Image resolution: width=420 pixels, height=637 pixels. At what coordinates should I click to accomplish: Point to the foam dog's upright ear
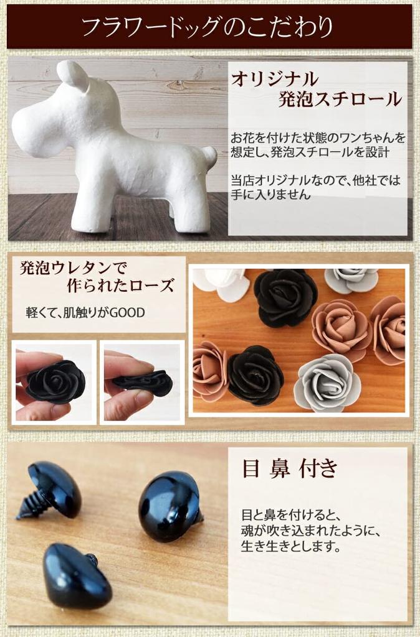74,76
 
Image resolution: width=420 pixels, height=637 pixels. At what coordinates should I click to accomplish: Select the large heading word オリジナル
275,79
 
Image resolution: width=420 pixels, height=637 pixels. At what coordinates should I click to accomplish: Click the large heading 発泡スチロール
340,100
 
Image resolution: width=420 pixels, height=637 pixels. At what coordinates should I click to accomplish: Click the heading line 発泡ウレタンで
74,268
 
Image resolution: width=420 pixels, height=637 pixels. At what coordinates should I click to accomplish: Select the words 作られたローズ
120,286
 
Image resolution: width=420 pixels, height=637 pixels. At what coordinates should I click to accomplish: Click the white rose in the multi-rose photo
219,283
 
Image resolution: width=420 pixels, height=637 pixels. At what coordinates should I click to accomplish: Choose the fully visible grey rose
328,382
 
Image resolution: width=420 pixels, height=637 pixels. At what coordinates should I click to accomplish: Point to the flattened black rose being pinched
144,383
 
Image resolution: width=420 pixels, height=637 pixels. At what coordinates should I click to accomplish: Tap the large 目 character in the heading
251,469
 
